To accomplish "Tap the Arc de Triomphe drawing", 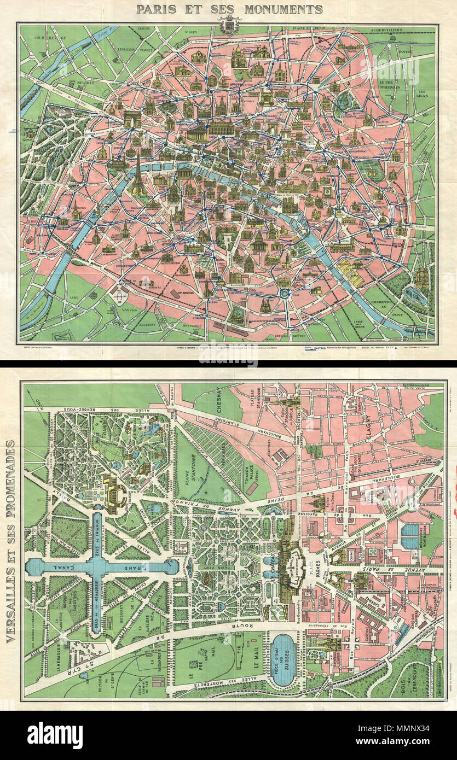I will (131, 119).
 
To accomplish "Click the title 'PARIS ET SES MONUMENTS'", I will (229, 9).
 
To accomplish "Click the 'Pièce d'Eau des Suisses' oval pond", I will (284, 659).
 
